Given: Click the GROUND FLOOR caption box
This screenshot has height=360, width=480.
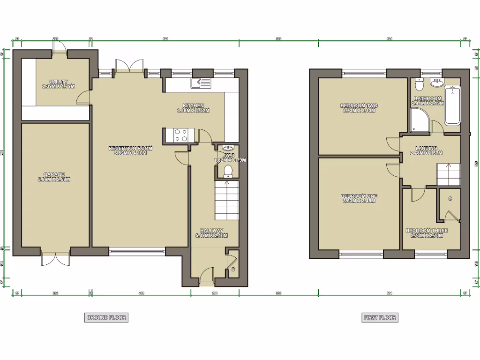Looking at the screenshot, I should [106, 317].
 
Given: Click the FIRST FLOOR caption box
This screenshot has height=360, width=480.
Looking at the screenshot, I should [380, 317].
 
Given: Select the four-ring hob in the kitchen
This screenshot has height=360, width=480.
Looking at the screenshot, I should [181, 135].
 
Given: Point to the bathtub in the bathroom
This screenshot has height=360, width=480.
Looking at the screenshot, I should [452, 105].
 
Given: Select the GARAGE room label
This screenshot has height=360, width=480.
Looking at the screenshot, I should [54, 174].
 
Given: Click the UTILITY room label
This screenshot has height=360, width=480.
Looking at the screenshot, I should [59, 82].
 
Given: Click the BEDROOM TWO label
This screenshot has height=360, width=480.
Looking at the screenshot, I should [359, 106].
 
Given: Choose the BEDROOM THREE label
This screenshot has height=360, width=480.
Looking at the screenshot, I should [427, 231].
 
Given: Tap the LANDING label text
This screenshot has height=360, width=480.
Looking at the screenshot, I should [426, 148].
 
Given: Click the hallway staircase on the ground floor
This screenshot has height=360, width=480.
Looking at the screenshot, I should [227, 200].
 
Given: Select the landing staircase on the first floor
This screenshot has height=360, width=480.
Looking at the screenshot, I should [448, 174].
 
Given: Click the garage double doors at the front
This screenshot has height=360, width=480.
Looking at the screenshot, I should [55, 259].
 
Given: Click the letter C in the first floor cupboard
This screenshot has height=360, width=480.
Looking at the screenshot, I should [450, 199].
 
